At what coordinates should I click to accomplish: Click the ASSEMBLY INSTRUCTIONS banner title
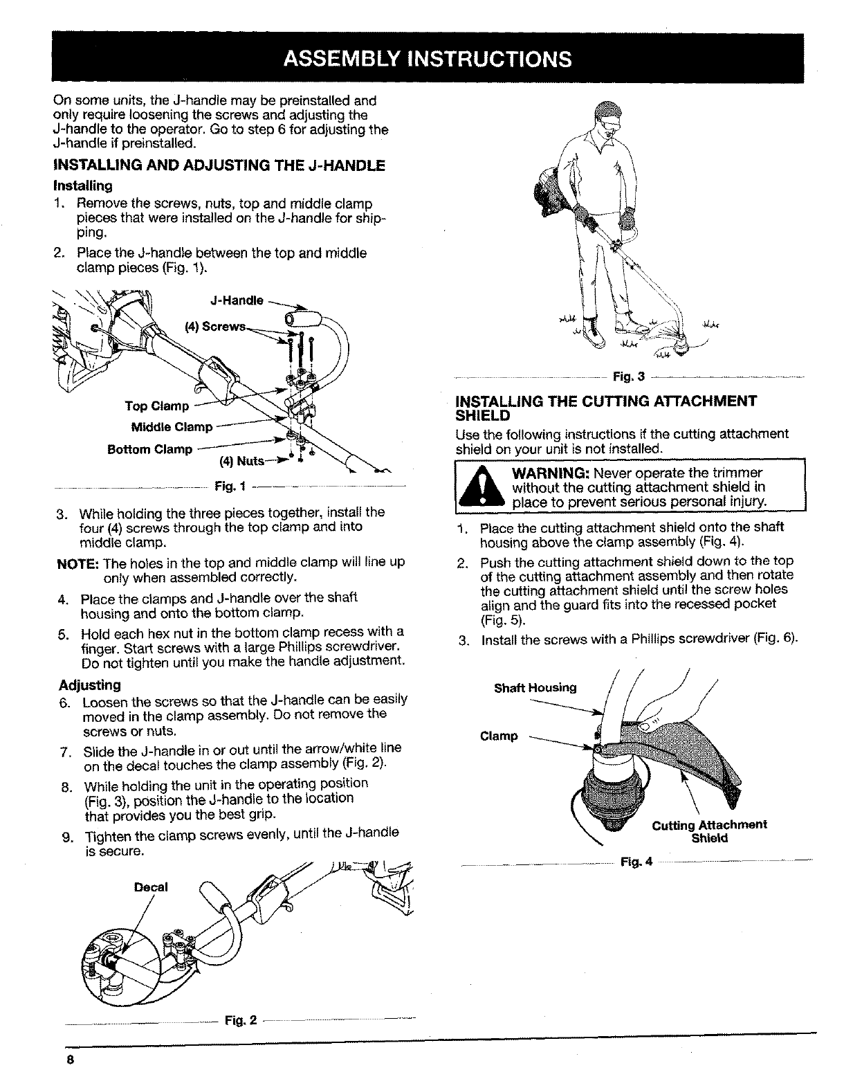pos(427,57)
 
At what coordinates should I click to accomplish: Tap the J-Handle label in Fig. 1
pos(236,300)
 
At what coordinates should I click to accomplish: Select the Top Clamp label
pos(156,405)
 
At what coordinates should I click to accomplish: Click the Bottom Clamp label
pos(150,449)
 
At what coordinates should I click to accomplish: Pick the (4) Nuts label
pos(237,461)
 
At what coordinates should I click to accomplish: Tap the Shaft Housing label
pos(535,687)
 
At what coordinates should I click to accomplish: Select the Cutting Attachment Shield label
pos(709,831)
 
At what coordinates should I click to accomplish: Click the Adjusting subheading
pos(90,684)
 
